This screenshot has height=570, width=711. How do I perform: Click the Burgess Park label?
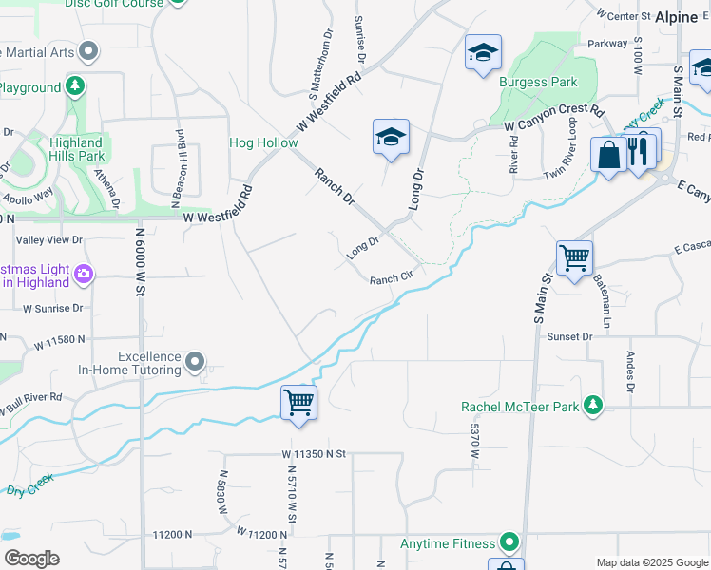click(538, 82)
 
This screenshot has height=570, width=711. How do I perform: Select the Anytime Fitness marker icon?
click(510, 542)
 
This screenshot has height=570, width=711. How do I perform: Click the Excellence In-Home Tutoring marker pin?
click(195, 361)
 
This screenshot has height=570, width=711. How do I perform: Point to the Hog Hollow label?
click(263, 143)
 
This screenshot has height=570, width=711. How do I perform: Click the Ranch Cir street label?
click(391, 279)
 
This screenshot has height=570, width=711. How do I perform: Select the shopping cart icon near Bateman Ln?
click(574, 256)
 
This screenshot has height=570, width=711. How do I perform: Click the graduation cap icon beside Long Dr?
click(391, 137)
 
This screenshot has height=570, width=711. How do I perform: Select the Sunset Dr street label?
click(569, 336)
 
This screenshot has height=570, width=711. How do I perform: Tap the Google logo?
click(31, 559)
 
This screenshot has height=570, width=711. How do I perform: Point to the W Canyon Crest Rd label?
click(554, 118)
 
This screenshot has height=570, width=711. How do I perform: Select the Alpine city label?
click(677, 16)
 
